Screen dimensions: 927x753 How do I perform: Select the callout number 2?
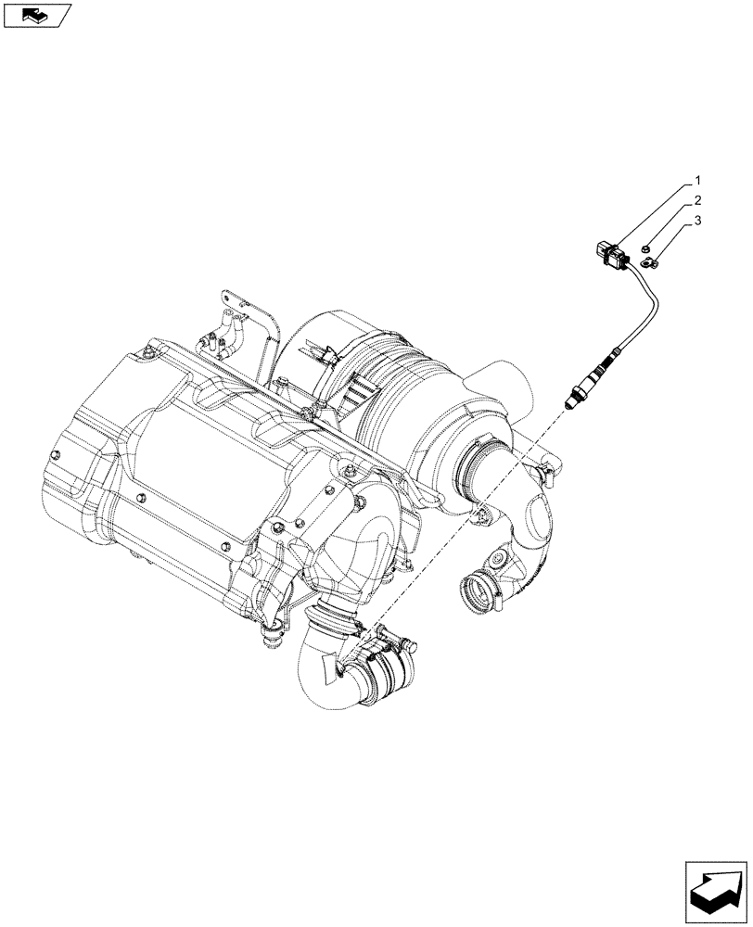697,200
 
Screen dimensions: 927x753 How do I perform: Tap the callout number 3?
697,222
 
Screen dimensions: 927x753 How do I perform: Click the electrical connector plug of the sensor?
607,253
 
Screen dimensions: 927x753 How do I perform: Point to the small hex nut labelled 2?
646,248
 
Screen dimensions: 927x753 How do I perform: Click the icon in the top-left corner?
37,15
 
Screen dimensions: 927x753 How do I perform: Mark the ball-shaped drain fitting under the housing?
273,637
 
